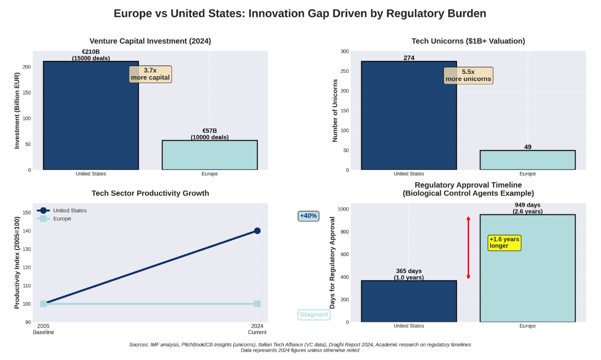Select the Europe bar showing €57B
pyautogui.click(x=209, y=155)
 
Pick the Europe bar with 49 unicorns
pyautogui.click(x=528, y=160)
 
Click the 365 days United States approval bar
pyautogui.click(x=409, y=301)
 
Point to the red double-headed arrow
pyautogui.click(x=468, y=248)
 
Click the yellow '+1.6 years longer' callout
pyautogui.click(x=504, y=243)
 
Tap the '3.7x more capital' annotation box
pyautogui.click(x=151, y=74)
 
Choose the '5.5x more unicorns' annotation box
pyautogui.click(x=468, y=75)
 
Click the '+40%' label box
pyautogui.click(x=308, y=216)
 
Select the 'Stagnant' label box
pyautogui.click(x=314, y=315)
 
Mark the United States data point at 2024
pyautogui.click(x=257, y=231)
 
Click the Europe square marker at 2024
pyautogui.click(x=257, y=304)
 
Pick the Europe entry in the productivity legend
pyautogui.click(x=62, y=219)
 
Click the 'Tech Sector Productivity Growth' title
pyautogui.click(x=150, y=193)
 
